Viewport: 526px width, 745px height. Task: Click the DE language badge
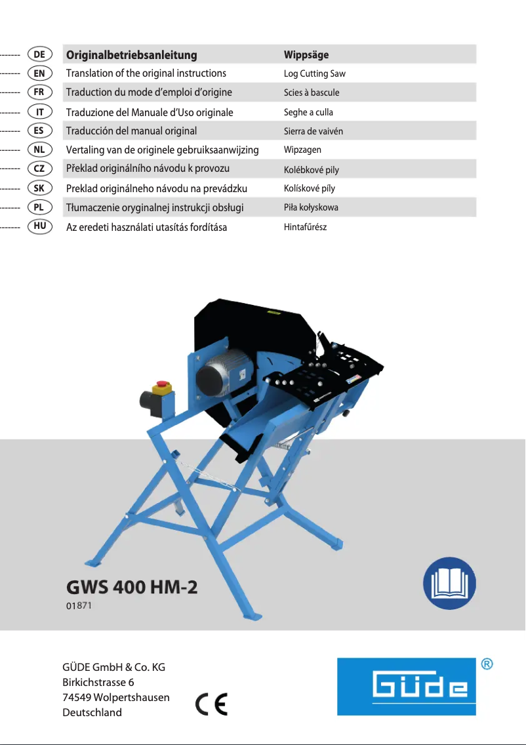click(39, 54)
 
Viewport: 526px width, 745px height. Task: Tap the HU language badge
click(39, 227)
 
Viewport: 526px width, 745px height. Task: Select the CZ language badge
click(39, 169)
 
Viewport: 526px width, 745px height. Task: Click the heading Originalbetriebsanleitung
click(131, 55)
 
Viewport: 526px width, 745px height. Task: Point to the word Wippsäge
click(306, 54)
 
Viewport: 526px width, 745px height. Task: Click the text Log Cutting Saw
click(314, 74)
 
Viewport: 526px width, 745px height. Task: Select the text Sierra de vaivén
click(313, 131)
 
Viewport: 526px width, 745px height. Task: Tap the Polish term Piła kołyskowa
click(311, 208)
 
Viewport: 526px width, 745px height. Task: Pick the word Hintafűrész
click(305, 227)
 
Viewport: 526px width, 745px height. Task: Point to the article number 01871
click(78, 607)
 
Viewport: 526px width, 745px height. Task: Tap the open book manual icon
click(449, 583)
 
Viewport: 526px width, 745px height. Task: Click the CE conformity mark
click(212, 704)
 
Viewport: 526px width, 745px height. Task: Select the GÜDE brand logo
click(406, 686)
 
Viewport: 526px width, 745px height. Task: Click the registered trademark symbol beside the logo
click(487, 664)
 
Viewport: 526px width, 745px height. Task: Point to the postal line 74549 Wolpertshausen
click(115, 697)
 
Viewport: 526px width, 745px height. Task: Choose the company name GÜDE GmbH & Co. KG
click(113, 668)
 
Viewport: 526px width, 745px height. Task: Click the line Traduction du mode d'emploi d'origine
click(149, 92)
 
